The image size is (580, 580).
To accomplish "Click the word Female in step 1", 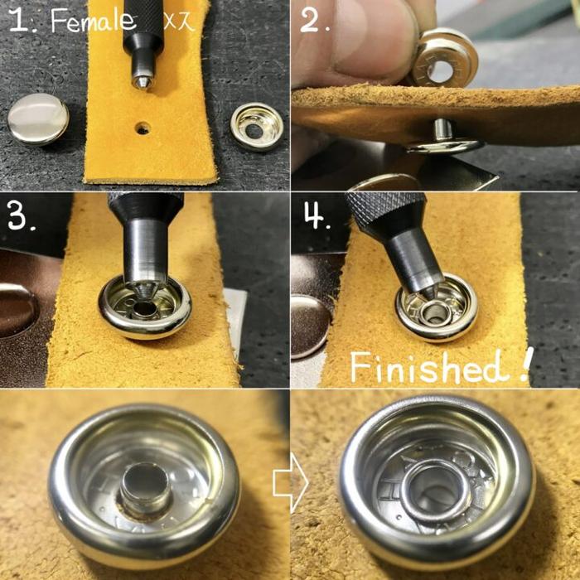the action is click(93, 21).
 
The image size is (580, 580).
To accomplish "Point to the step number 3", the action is click(22, 217).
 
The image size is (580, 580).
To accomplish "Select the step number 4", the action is click(317, 217).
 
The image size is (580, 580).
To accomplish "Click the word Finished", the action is click(430, 367).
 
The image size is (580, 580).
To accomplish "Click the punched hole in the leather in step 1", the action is click(143, 128).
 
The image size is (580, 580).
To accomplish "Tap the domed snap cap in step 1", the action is click(38, 118).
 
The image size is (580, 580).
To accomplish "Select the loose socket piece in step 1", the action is click(256, 127).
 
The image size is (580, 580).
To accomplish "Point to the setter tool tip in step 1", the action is click(143, 82).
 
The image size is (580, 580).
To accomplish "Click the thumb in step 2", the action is click(366, 41).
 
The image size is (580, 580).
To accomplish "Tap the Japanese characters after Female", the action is click(179, 22).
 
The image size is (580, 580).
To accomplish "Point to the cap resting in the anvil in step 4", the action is click(310, 326).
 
